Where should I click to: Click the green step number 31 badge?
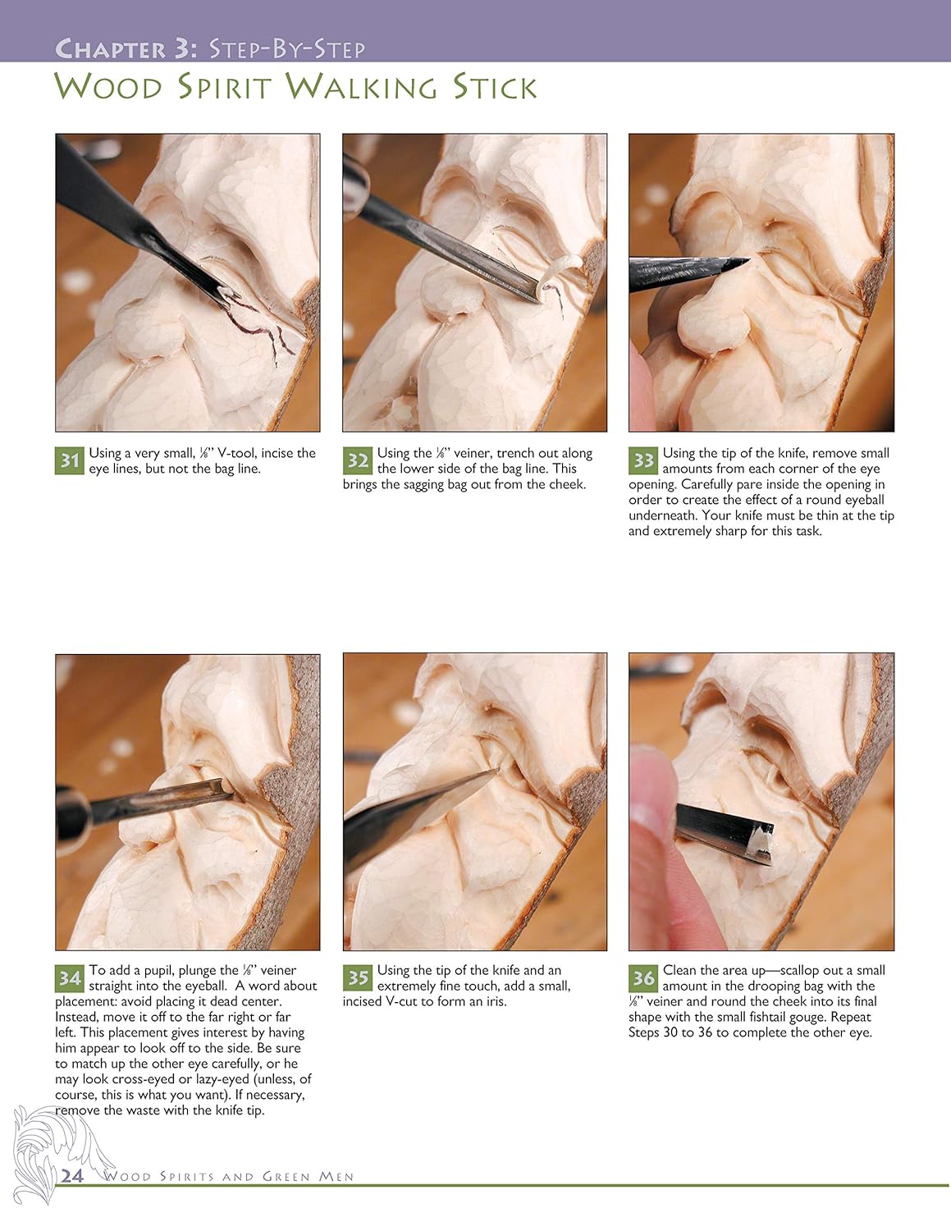(x=70, y=460)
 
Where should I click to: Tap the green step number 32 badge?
(x=358, y=460)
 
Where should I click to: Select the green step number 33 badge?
(x=643, y=460)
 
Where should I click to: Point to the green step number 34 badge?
(x=70, y=978)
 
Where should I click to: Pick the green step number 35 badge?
(x=358, y=978)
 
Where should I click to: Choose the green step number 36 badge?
(x=643, y=978)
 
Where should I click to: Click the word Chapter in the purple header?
(x=111, y=48)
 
